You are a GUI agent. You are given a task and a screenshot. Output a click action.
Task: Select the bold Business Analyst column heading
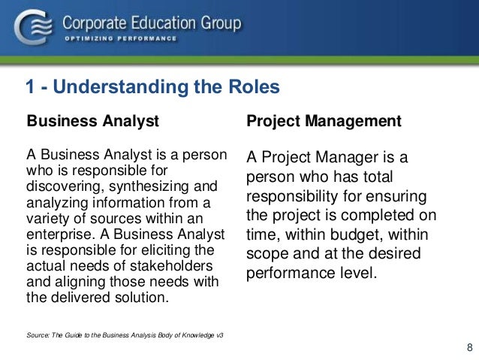pyautogui.click(x=93, y=120)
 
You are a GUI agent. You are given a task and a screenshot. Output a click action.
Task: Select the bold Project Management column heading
pyautogui.click(x=324, y=120)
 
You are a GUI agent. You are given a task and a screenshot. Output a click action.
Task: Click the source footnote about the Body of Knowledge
pyautogui.click(x=125, y=332)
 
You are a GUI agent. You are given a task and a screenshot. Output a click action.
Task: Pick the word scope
pyautogui.click(x=264, y=253)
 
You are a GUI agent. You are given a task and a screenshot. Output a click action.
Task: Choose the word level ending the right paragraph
pyautogui.click(x=357, y=271)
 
